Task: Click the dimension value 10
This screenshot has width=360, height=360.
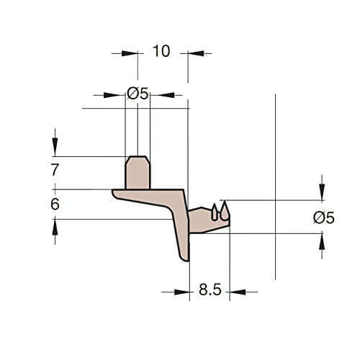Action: click(161, 51)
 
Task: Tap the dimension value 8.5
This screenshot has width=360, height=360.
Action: click(210, 289)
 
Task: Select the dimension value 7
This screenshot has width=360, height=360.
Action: click(55, 170)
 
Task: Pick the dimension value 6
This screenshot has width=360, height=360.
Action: click(55, 204)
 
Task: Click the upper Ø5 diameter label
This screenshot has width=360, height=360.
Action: click(138, 93)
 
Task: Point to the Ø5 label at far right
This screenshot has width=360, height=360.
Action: click(324, 218)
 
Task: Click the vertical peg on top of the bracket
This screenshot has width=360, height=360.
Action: click(138, 173)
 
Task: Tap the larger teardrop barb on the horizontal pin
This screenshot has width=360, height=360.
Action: click(225, 211)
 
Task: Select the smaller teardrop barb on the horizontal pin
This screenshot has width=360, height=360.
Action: click(215, 212)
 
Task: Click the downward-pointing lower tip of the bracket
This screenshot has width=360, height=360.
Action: click(186, 260)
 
